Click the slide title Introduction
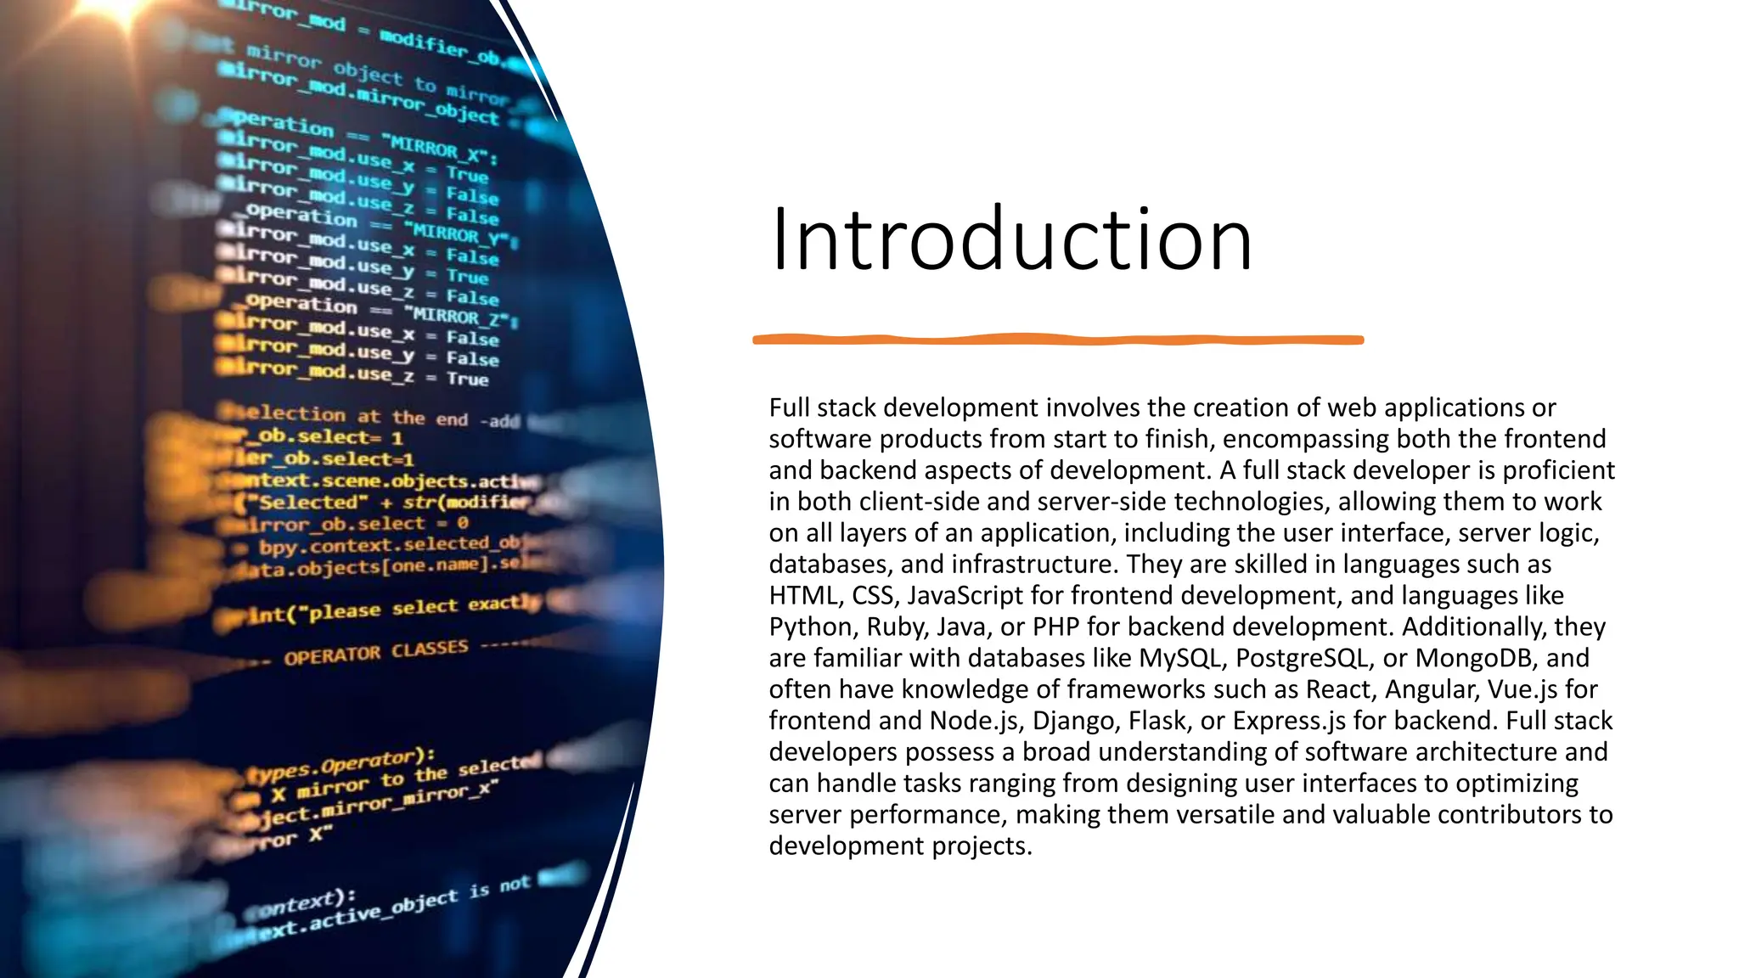[1010, 239]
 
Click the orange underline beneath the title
[1058, 340]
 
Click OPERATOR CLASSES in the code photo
[375, 653]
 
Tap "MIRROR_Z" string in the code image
[459, 316]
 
